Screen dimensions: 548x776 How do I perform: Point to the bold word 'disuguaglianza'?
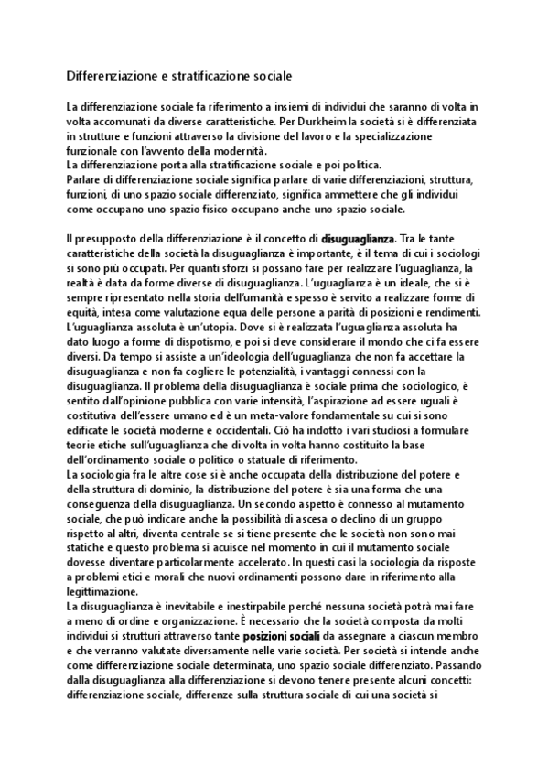tap(358, 239)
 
